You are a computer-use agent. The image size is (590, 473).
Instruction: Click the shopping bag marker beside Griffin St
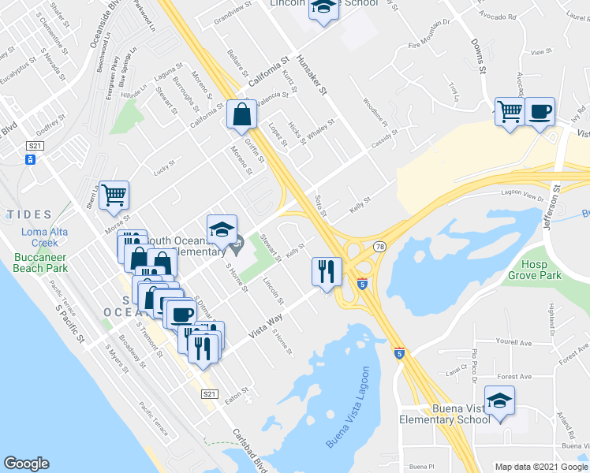pyautogui.click(x=241, y=114)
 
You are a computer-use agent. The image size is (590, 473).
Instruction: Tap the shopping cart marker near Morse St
pyautogui.click(x=114, y=195)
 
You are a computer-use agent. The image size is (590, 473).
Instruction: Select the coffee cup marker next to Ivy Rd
pyautogui.click(x=540, y=111)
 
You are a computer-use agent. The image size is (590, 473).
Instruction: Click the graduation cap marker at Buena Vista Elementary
pyautogui.click(x=499, y=400)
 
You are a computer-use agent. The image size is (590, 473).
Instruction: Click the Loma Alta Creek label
pyautogui.click(x=39, y=237)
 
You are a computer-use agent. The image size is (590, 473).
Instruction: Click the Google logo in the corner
pyautogui.click(x=27, y=464)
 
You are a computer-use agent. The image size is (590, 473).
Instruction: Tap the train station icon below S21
pyautogui.click(x=31, y=160)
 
